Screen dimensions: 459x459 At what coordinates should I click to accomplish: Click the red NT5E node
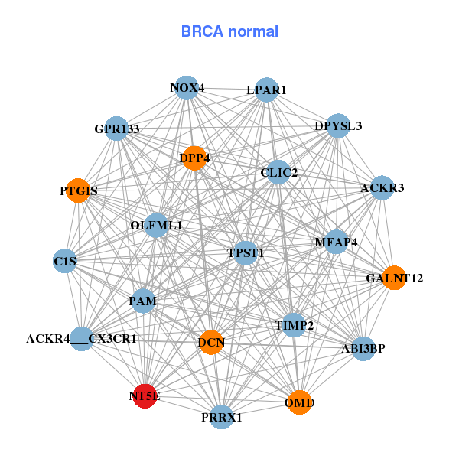click(145, 396)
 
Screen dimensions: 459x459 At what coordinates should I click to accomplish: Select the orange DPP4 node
click(194, 158)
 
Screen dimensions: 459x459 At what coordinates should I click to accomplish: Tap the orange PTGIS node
click(78, 190)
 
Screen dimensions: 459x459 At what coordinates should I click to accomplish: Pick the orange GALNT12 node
click(394, 278)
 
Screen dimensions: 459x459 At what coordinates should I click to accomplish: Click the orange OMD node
click(300, 402)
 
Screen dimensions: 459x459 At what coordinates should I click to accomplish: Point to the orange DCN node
click(211, 342)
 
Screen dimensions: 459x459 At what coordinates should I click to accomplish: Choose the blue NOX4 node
click(187, 88)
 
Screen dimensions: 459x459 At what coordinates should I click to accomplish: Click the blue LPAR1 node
click(266, 90)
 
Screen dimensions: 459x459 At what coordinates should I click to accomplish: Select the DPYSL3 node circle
click(337, 126)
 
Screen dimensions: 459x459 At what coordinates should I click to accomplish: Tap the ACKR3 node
click(382, 188)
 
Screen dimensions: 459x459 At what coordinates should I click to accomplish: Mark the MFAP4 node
click(337, 243)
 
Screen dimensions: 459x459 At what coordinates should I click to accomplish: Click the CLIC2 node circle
click(278, 173)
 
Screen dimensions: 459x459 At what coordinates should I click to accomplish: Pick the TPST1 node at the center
click(245, 252)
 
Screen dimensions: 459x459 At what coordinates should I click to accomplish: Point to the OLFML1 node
click(156, 226)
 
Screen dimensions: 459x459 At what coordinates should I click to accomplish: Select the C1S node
click(65, 262)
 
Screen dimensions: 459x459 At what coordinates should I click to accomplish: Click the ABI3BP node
click(363, 349)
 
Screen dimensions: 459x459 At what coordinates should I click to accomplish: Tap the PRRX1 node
click(222, 417)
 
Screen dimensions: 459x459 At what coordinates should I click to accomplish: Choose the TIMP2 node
click(294, 326)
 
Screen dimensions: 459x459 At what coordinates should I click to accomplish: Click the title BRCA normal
click(229, 31)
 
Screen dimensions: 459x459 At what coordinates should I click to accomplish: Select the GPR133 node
click(117, 129)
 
